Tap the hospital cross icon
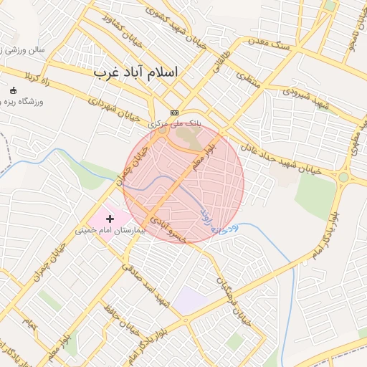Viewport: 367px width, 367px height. tap(110, 217)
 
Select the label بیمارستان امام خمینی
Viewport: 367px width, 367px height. tap(110, 231)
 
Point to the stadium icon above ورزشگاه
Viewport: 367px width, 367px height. tap(13, 90)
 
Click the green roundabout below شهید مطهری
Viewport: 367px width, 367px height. tap(344, 176)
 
